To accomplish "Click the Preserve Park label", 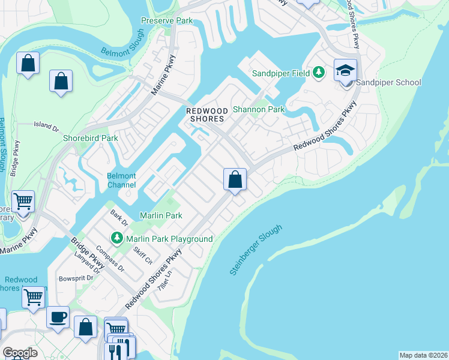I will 167,20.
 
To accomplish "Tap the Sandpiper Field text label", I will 280,73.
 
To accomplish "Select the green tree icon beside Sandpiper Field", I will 319,73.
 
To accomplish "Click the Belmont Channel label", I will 121,181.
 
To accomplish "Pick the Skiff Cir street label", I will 142,255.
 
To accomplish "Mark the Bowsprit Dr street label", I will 76,278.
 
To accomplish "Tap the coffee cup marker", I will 58,317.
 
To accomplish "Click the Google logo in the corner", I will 20,353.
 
